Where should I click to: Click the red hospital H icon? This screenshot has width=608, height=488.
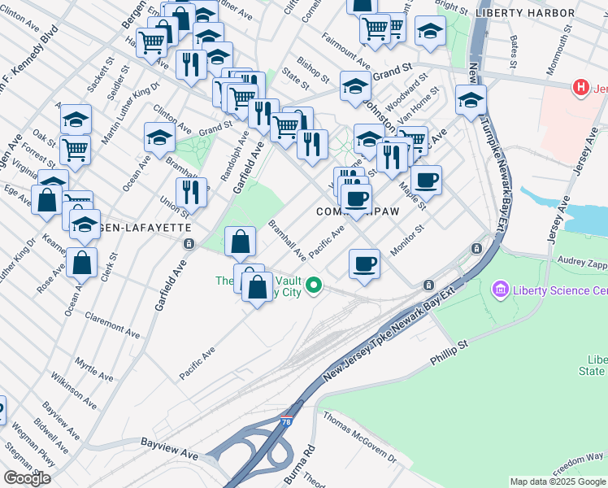(580, 88)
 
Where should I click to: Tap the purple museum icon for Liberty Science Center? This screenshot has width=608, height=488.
(499, 290)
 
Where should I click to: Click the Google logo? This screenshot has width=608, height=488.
(27, 478)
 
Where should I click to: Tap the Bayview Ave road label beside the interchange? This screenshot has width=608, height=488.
(169, 444)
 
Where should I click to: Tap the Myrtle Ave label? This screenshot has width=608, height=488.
(93, 368)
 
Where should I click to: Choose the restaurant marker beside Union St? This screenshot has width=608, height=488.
(191, 193)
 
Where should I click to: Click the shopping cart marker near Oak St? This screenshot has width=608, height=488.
(75, 149)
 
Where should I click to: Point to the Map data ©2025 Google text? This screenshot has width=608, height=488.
(558, 481)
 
